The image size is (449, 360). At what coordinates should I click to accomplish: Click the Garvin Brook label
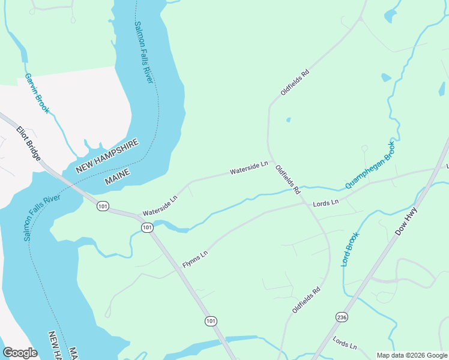(x=37, y=94)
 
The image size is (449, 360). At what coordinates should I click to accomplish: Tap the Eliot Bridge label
(x=29, y=143)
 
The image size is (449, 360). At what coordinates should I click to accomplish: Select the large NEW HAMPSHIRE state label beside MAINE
(x=107, y=156)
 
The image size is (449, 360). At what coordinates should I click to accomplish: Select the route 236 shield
(x=342, y=316)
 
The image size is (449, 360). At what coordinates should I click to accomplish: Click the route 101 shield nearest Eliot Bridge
(x=103, y=206)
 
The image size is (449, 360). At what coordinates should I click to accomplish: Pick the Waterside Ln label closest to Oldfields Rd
(x=249, y=168)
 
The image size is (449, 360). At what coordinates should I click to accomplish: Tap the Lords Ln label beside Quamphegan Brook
(x=326, y=203)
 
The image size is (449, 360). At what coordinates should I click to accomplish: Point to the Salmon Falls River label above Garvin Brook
(x=144, y=52)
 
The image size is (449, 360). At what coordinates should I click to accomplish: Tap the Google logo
(x=20, y=352)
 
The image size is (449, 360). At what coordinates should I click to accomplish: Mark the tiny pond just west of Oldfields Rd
(x=288, y=119)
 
